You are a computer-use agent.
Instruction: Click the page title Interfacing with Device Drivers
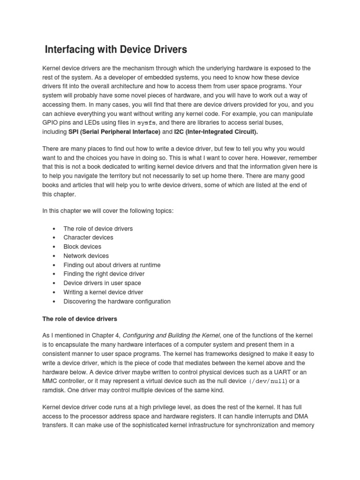116,49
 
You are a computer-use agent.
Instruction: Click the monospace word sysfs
146,122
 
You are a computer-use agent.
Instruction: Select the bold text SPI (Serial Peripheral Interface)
114,132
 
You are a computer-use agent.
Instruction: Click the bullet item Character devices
88,238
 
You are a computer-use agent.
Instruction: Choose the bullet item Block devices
82,247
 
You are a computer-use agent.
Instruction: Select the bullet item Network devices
86,256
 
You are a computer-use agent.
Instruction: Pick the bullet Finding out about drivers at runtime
112,265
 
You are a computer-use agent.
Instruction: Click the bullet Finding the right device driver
104,274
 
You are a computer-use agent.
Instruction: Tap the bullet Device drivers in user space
102,283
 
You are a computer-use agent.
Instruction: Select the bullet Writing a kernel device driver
103,292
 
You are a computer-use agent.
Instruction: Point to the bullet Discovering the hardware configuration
117,301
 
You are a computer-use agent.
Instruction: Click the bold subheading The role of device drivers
80,319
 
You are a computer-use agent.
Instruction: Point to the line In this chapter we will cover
108,211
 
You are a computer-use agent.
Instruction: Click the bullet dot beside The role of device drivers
55,229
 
